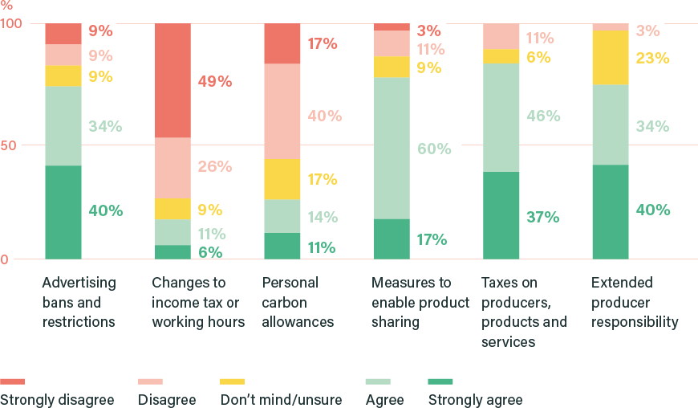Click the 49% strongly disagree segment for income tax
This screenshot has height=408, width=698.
(172, 80)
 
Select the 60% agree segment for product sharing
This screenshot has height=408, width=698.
(392, 148)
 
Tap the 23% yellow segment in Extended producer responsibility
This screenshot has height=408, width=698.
(610, 57)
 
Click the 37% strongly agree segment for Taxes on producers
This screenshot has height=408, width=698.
(501, 215)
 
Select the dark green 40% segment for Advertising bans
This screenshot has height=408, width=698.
(63, 212)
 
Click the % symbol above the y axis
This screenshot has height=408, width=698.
(6, 5)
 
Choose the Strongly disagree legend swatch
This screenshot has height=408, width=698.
(12, 381)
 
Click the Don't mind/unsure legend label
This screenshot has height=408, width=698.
(280, 400)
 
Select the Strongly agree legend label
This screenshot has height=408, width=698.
(475, 400)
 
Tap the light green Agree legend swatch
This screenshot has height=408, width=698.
(377, 381)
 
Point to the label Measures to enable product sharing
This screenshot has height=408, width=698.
(420, 302)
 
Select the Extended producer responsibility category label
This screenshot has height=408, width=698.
(635, 302)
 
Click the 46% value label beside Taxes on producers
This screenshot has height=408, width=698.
(542, 116)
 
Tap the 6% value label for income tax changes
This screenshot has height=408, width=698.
(209, 251)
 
